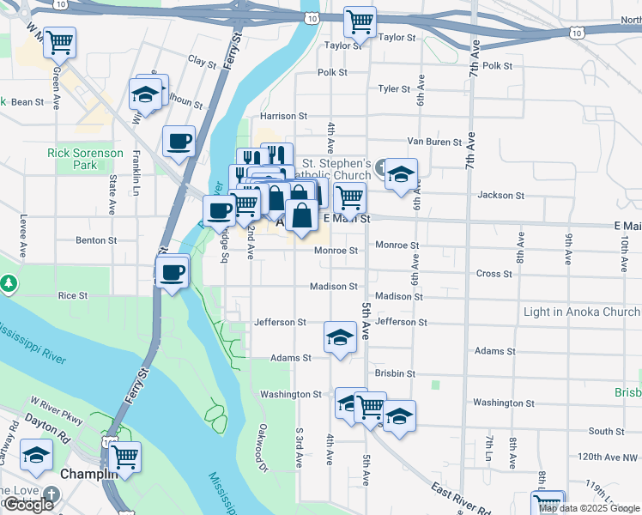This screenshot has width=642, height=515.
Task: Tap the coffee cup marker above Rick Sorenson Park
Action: pos(179,142)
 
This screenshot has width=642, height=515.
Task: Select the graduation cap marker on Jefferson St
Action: pos(340,336)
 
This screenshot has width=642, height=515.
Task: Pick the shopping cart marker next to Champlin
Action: pos(124,457)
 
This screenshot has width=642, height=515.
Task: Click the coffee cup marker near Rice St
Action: pos(173,274)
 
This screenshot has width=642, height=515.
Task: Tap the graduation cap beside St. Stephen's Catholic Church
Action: pos(401,174)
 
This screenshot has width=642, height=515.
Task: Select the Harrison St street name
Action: pos(283,116)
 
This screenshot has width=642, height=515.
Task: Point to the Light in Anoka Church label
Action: pos(581,312)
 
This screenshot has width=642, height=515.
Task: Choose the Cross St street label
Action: pos(494,275)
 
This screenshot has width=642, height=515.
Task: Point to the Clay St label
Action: pos(202,62)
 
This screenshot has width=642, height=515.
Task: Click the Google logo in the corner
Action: pos(28,505)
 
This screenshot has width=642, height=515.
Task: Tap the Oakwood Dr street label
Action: pos(263,445)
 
